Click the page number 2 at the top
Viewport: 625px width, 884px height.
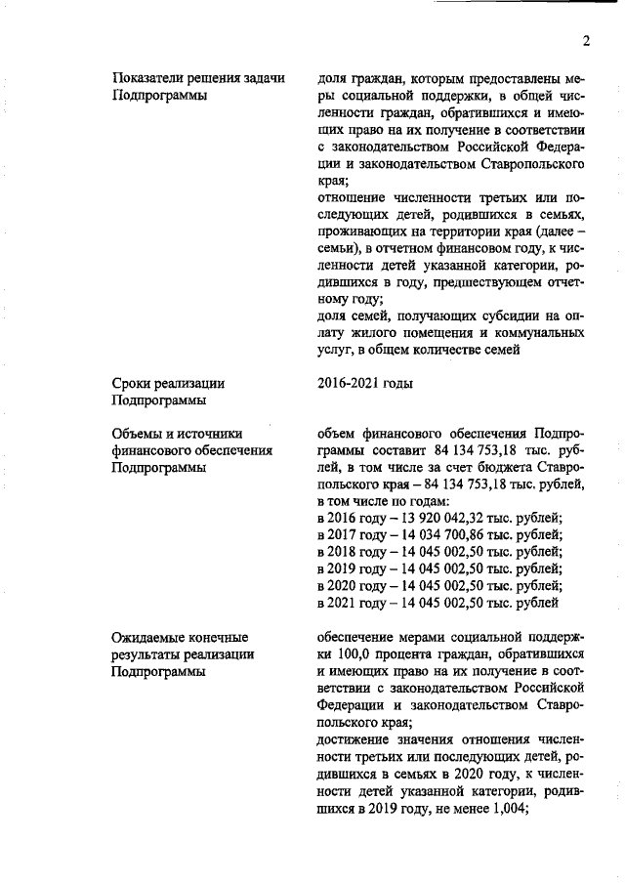pos(586,40)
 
